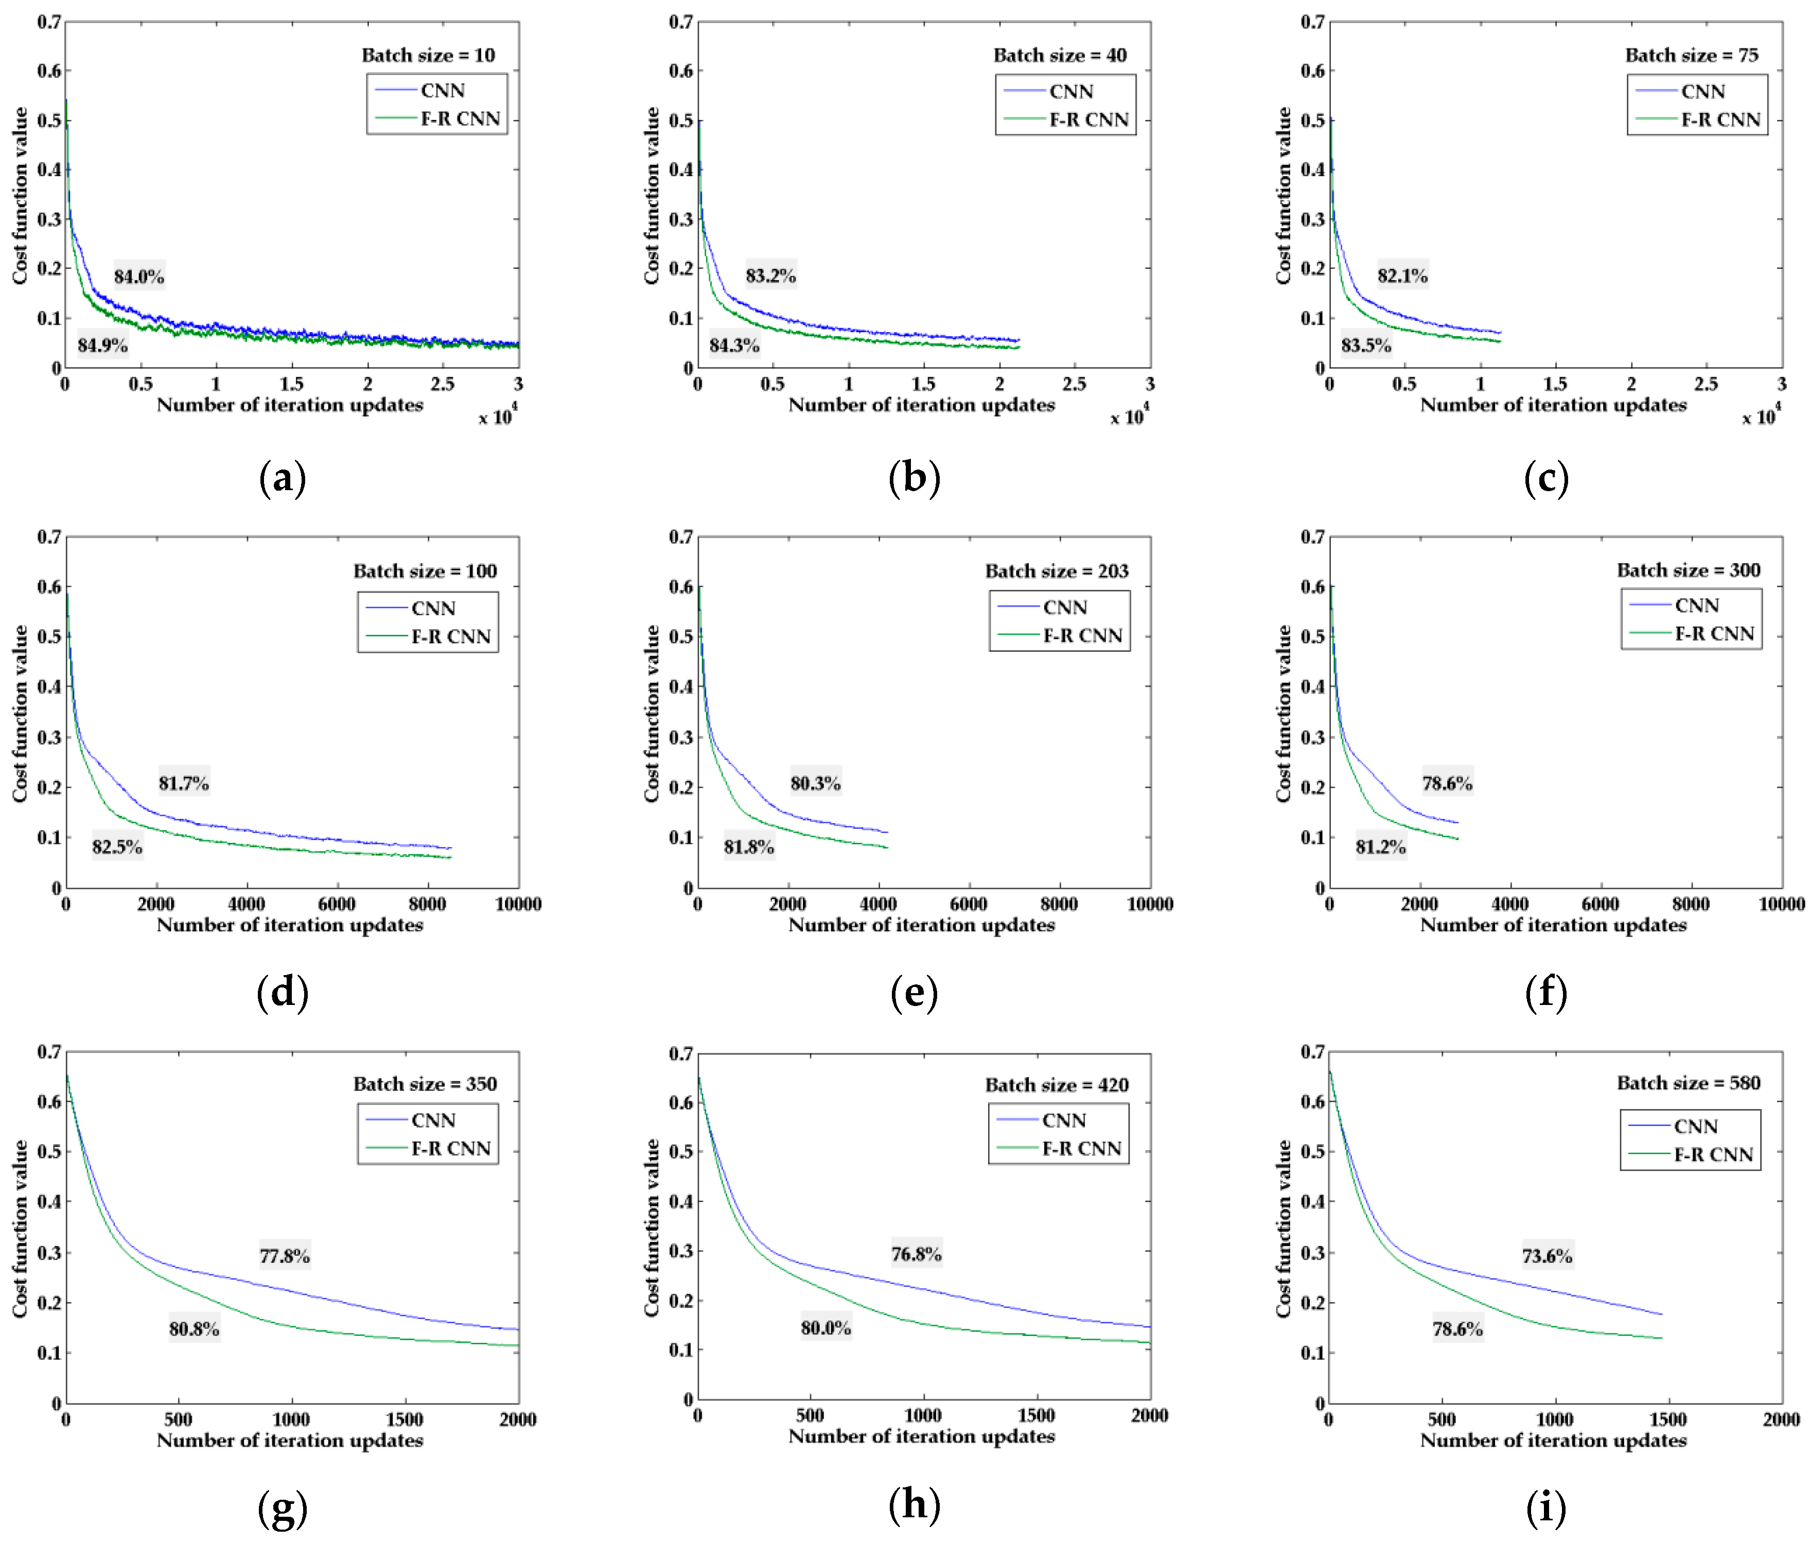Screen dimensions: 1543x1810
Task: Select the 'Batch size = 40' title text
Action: click(x=1060, y=55)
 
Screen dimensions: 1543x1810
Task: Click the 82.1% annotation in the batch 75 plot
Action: click(x=1402, y=275)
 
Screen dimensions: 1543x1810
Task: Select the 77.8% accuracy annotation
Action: click(x=284, y=1256)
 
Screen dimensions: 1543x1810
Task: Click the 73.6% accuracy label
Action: click(x=1547, y=1256)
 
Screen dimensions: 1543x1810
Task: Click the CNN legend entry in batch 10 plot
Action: click(x=442, y=90)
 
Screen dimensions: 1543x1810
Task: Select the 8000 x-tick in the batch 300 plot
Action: click(x=1690, y=904)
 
